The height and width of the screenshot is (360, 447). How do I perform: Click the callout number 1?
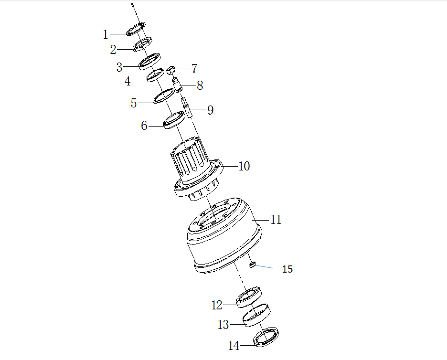pos(106,34)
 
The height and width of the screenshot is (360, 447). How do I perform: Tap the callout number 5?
pos(134,103)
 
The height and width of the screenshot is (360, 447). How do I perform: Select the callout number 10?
pos(244,166)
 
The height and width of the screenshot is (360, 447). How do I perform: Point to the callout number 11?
pos(276,220)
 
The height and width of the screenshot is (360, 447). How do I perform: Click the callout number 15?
pos(287,269)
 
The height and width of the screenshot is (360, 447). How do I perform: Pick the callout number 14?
pos(234,345)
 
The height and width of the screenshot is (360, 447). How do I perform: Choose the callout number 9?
pos(210,110)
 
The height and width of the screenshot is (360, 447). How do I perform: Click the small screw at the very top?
pos(132,6)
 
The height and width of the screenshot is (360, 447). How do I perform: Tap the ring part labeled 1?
pos(136,29)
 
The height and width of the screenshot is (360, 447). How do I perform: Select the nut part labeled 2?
pos(143,44)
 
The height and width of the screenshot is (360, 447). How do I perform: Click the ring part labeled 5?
pos(163,96)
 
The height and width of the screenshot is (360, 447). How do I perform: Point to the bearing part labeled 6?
pos(174,119)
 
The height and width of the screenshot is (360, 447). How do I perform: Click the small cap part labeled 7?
pos(172,70)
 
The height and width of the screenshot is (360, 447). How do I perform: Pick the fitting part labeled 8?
pos(178,85)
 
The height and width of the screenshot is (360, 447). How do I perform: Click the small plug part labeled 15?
pos(254,263)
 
